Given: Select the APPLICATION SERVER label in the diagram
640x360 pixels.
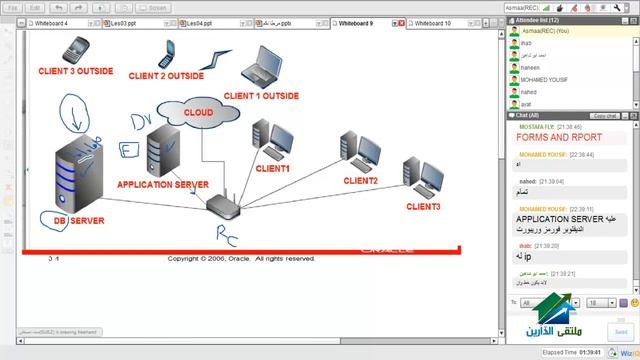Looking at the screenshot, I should point(162,185).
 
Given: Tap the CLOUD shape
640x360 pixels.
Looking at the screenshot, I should point(198,113).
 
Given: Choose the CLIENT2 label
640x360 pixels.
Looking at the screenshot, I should point(360,181).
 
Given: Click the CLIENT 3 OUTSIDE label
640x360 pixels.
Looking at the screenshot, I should point(75,71).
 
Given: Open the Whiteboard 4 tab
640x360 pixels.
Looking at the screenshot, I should point(52,22).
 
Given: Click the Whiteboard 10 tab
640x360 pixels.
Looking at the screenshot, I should point(433,22).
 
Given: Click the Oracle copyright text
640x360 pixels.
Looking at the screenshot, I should point(241,258).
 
